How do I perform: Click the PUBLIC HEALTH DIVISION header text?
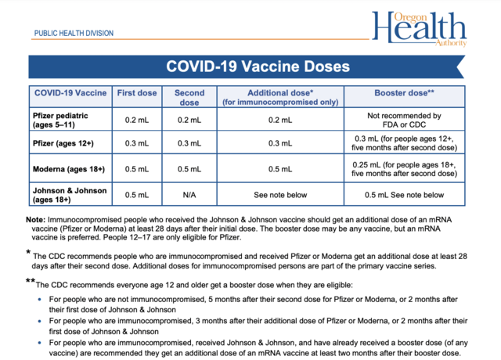[x=74, y=34]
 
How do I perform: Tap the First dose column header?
[x=136, y=92]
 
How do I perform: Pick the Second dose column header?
[x=189, y=96]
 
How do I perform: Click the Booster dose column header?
[x=405, y=92]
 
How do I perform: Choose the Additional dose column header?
[x=280, y=96]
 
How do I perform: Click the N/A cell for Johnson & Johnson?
[x=189, y=194]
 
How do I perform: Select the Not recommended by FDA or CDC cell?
[x=405, y=120]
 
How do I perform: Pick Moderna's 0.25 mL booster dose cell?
[x=405, y=168]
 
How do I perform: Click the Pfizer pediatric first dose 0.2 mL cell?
[x=136, y=120]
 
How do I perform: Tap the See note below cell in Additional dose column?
[x=280, y=194]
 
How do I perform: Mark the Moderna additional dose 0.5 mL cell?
[x=280, y=168]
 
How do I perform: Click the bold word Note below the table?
[x=36, y=220]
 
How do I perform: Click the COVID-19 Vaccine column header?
[x=69, y=92]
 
